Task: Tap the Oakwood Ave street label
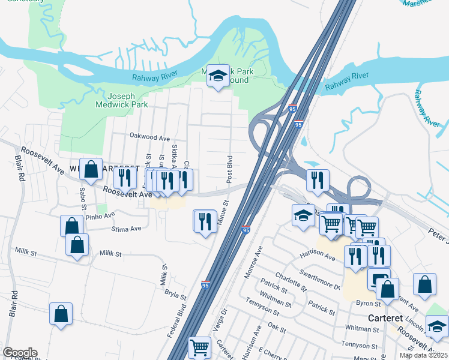click(146, 136)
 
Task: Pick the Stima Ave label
click(126, 229)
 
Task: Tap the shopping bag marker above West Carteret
click(91, 170)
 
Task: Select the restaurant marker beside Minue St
click(205, 221)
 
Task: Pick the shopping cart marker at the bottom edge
click(199, 347)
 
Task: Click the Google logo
click(20, 353)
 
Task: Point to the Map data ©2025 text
click(423, 355)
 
